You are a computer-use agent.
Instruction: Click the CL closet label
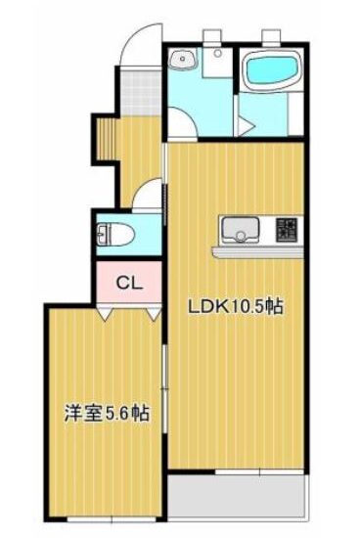click(129, 284)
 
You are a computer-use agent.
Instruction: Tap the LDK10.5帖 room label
click(235, 307)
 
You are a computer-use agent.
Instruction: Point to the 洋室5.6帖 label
click(107, 414)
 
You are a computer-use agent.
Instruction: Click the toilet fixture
click(114, 235)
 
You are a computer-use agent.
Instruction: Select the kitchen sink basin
click(241, 230)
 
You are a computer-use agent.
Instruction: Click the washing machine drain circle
click(217, 53)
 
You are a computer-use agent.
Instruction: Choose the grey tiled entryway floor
click(140, 93)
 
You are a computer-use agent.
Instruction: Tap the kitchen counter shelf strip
click(258, 251)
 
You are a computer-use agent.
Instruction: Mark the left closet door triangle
click(106, 313)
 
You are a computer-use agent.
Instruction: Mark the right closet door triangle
click(154, 313)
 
